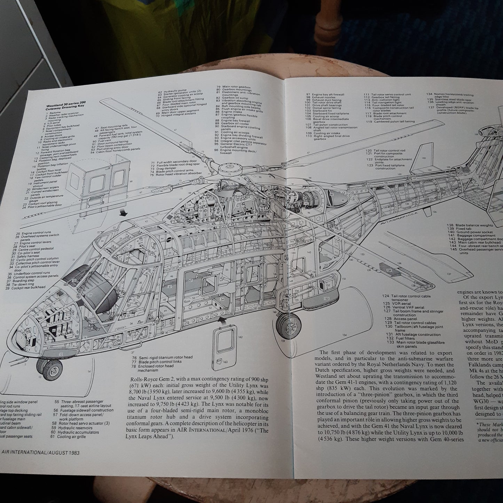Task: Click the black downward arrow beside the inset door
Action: pyautogui.click(x=122, y=213)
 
